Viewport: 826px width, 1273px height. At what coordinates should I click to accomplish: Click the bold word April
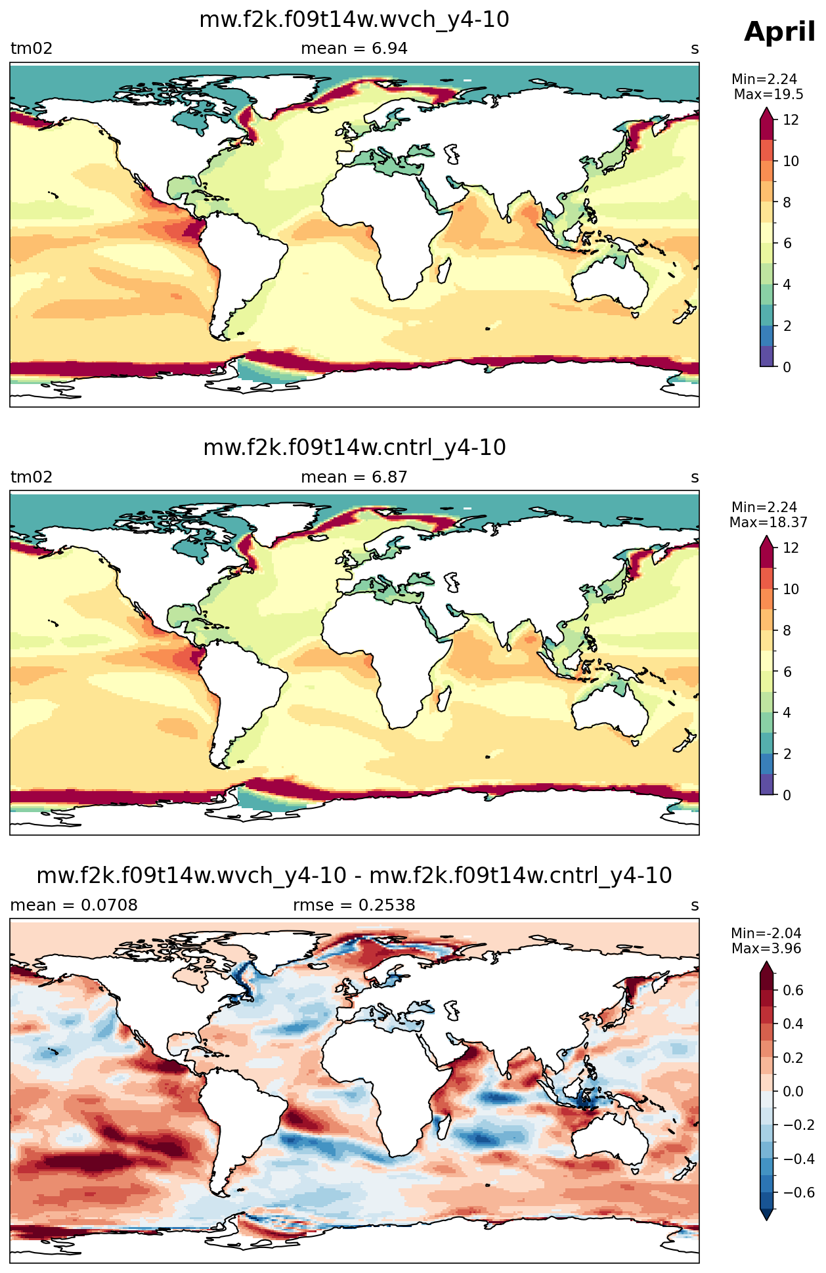779,32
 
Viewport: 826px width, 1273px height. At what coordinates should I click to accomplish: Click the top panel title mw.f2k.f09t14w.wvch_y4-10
354,20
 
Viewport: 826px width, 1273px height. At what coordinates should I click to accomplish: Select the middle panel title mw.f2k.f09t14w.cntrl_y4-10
355,448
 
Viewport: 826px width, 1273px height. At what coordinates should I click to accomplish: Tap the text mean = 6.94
354,49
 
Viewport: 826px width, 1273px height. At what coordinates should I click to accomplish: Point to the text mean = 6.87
354,477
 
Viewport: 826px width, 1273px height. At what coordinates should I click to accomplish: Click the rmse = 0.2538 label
354,905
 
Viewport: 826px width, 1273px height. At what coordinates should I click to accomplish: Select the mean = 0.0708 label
74,905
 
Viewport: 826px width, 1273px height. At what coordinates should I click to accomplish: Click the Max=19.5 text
768,94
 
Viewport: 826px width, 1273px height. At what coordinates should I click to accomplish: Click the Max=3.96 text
766,949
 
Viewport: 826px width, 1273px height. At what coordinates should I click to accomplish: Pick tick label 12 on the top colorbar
791,120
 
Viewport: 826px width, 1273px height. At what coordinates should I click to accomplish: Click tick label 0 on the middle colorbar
787,795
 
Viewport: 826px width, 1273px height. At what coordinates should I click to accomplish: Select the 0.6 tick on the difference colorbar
793,990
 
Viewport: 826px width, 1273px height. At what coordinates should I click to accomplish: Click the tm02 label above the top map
31,49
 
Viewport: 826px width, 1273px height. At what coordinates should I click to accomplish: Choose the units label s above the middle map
695,477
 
